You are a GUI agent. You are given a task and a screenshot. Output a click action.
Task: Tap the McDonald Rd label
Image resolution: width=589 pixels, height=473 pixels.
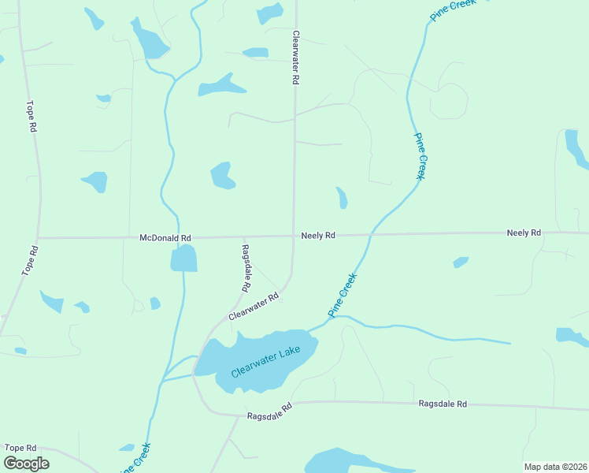point(165,237)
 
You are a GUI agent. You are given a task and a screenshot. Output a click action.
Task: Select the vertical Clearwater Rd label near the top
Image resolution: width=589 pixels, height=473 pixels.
point(296,58)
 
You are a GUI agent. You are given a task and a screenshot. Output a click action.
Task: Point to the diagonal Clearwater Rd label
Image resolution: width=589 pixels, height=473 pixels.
point(254,307)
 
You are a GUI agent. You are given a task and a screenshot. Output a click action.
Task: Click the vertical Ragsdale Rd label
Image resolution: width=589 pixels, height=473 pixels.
point(246,265)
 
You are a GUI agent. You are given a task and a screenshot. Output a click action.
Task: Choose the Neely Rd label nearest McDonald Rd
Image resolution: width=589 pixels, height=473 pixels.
point(318,235)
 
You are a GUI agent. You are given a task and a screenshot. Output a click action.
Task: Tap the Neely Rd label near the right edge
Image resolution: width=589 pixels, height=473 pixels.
point(524,233)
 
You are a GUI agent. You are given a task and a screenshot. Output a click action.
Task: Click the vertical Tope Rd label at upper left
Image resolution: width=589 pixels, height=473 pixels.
point(31,116)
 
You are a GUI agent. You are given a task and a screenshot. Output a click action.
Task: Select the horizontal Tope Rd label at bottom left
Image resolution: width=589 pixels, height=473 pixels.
point(20,447)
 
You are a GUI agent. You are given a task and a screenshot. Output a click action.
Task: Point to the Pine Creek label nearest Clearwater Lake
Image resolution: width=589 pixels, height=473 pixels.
point(343,295)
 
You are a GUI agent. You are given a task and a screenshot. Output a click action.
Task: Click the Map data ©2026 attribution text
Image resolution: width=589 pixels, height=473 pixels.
point(555,467)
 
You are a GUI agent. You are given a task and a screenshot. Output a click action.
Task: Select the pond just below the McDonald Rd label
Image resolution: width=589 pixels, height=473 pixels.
point(183,258)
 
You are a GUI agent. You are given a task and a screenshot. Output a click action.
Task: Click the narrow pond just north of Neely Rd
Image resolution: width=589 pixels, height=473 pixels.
point(342,198)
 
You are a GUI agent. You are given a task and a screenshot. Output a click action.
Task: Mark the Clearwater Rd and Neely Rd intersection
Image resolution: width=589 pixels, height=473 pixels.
point(294,236)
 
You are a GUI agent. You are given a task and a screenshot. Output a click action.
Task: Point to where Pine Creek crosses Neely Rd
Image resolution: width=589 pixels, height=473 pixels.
point(372,234)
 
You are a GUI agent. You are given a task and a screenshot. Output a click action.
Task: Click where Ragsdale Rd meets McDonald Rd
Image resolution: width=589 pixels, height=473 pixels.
point(243,236)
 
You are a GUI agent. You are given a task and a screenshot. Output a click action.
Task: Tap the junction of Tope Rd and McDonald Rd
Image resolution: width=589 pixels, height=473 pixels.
point(37,237)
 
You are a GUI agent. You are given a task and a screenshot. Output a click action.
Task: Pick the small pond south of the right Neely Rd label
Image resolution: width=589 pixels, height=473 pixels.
point(461,262)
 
